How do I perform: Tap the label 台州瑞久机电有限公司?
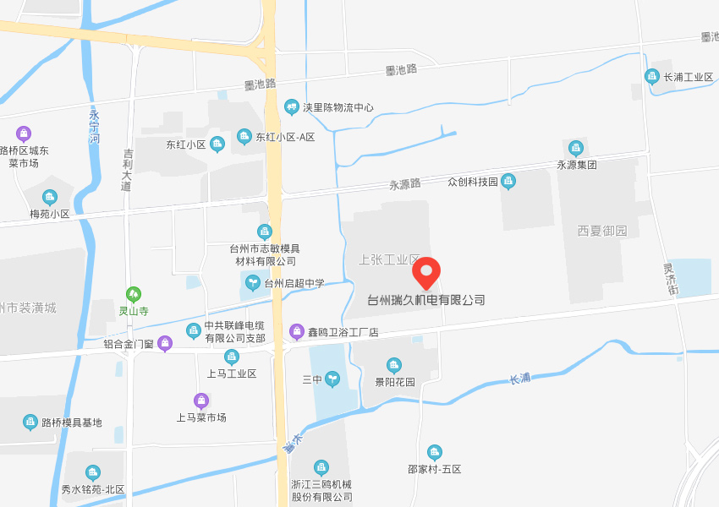pyautogui.click(x=426, y=300)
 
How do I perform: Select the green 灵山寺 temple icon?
pyautogui.click(x=133, y=294)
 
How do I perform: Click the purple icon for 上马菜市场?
pyautogui.click(x=201, y=401)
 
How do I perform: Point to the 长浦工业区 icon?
pyautogui.click(x=652, y=76)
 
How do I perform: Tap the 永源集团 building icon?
pyautogui.click(x=576, y=149)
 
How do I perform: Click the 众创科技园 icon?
pyautogui.click(x=508, y=181)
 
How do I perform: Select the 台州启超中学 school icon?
pyautogui.click(x=252, y=283)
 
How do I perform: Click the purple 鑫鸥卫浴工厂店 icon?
pyautogui.click(x=296, y=331)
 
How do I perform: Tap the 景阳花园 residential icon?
pyautogui.click(x=393, y=365)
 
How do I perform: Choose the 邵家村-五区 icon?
pyautogui.click(x=434, y=453)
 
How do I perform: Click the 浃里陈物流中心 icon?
pyautogui.click(x=292, y=107)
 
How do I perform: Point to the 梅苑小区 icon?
pyautogui.click(x=50, y=198)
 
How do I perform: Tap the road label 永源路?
pyautogui.click(x=404, y=183)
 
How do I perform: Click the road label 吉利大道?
pyautogui.click(x=128, y=170)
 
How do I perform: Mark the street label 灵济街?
pyautogui.click(x=671, y=280)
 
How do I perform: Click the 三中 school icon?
pyautogui.click(x=332, y=379)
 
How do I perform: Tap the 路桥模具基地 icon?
pyautogui.click(x=30, y=422)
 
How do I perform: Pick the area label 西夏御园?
pyautogui.click(x=602, y=231)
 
